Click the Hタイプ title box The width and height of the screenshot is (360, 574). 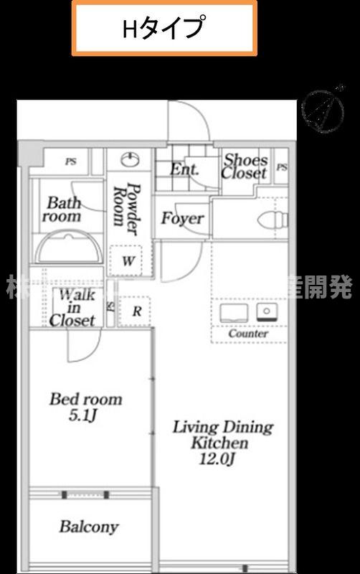[164, 28]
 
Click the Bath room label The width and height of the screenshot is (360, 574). [64, 209]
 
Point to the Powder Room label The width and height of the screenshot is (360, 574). [126, 209]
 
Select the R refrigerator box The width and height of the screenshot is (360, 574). [134, 311]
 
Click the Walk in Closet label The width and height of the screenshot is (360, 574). [73, 308]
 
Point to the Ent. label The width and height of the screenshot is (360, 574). [184, 170]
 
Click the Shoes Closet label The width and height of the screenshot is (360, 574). [245, 166]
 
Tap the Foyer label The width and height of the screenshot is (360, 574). [182, 218]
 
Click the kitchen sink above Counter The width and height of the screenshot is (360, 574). [234, 312]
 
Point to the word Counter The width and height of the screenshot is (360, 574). [248, 334]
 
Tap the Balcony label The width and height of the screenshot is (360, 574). [89, 527]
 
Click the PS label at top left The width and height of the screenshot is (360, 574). [70, 162]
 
